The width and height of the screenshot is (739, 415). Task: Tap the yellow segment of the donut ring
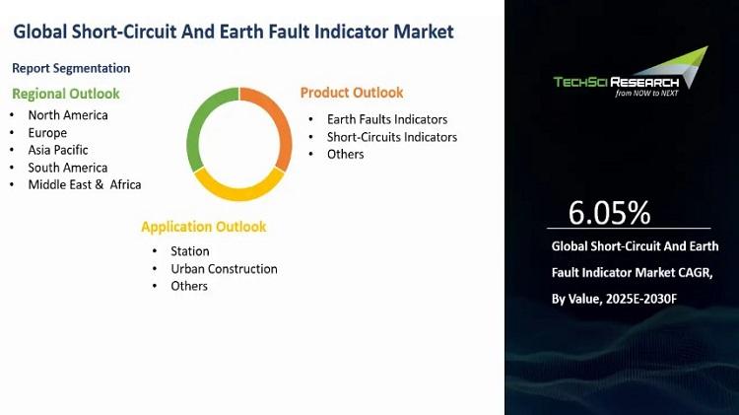(x=239, y=193)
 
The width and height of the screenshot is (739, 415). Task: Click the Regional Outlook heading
(x=66, y=94)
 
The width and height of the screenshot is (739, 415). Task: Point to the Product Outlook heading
(x=352, y=93)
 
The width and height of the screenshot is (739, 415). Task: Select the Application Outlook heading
(x=204, y=227)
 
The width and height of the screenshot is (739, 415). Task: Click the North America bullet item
(x=68, y=115)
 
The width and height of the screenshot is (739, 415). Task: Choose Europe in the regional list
(x=47, y=132)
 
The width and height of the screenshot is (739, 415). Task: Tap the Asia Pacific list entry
(x=58, y=150)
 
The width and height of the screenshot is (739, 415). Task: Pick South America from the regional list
(x=68, y=168)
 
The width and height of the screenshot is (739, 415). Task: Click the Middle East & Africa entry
(x=85, y=184)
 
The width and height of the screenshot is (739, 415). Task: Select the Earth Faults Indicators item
(x=387, y=119)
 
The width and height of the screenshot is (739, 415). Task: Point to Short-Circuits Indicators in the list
(x=392, y=137)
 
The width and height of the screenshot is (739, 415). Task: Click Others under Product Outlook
(x=346, y=154)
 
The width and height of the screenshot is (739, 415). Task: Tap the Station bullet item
(x=190, y=251)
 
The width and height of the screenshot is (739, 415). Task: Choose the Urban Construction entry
(x=224, y=269)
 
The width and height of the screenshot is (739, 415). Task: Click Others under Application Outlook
(x=189, y=286)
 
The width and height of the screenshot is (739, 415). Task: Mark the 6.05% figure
(x=609, y=213)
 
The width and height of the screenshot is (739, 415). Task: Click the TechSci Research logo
(x=631, y=72)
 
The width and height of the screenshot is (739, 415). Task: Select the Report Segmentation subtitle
(x=71, y=68)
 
